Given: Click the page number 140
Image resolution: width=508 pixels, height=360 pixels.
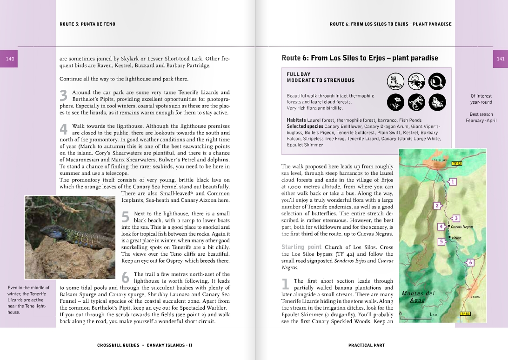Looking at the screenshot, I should pyautogui.click(x=10, y=59).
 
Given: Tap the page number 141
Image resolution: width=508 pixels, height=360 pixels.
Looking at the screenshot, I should pyautogui.click(x=501, y=59).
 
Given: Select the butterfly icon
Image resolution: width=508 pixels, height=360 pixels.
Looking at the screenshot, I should pyautogui.click(x=437, y=101).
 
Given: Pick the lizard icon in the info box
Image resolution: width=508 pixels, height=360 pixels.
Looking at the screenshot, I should pyautogui.click(x=416, y=101).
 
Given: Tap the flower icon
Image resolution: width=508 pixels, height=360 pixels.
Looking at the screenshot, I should pyautogui.click(x=395, y=101).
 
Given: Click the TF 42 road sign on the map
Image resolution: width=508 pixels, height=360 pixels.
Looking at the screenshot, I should pyautogui.click(x=456, y=164).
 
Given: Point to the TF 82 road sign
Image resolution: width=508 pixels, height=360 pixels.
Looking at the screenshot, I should pyautogui.click(x=465, y=314).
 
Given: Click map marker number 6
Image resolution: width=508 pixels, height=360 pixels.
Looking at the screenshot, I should pyautogui.click(x=470, y=263).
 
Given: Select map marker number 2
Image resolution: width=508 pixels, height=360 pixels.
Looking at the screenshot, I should pyautogui.click(x=436, y=206).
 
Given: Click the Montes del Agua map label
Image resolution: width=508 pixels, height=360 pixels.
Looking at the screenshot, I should pyautogui.click(x=418, y=297).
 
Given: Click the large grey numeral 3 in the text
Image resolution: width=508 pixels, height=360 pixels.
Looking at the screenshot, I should pyautogui.click(x=64, y=96).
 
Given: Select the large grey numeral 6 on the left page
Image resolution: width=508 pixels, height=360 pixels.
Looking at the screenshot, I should pyautogui.click(x=125, y=278).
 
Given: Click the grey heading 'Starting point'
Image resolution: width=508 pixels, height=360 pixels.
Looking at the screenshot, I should pyautogui.click(x=301, y=247).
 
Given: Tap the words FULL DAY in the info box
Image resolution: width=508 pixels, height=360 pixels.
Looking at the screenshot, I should pyautogui.click(x=298, y=74).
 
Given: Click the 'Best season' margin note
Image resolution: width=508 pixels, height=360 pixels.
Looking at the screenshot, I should pyautogui.click(x=481, y=114).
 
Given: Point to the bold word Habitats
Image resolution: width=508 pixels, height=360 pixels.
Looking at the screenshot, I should pyautogui.click(x=296, y=120).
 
